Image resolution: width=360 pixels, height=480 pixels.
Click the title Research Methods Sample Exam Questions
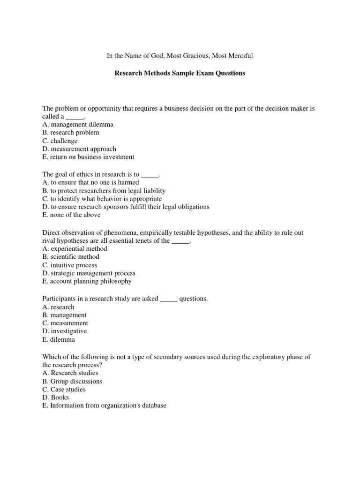180,74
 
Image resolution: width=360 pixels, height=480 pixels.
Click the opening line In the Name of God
180,56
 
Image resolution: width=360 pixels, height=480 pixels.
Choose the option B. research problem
71,133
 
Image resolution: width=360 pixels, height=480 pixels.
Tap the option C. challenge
60,141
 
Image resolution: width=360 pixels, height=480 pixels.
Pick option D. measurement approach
79,149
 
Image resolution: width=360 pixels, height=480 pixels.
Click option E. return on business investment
88,157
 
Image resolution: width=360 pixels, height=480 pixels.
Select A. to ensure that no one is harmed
90,182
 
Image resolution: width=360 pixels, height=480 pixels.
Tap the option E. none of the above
71,215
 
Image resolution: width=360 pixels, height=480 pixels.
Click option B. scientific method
71,257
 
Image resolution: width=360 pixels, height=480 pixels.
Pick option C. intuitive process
70,265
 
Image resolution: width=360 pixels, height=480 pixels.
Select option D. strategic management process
89,273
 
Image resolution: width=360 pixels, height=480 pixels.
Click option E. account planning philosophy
87,282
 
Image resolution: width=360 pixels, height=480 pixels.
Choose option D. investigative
65,331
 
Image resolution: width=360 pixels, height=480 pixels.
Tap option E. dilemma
59,340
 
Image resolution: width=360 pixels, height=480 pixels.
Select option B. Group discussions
72,382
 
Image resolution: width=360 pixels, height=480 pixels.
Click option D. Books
56,397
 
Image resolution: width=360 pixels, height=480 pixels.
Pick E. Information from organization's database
105,406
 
